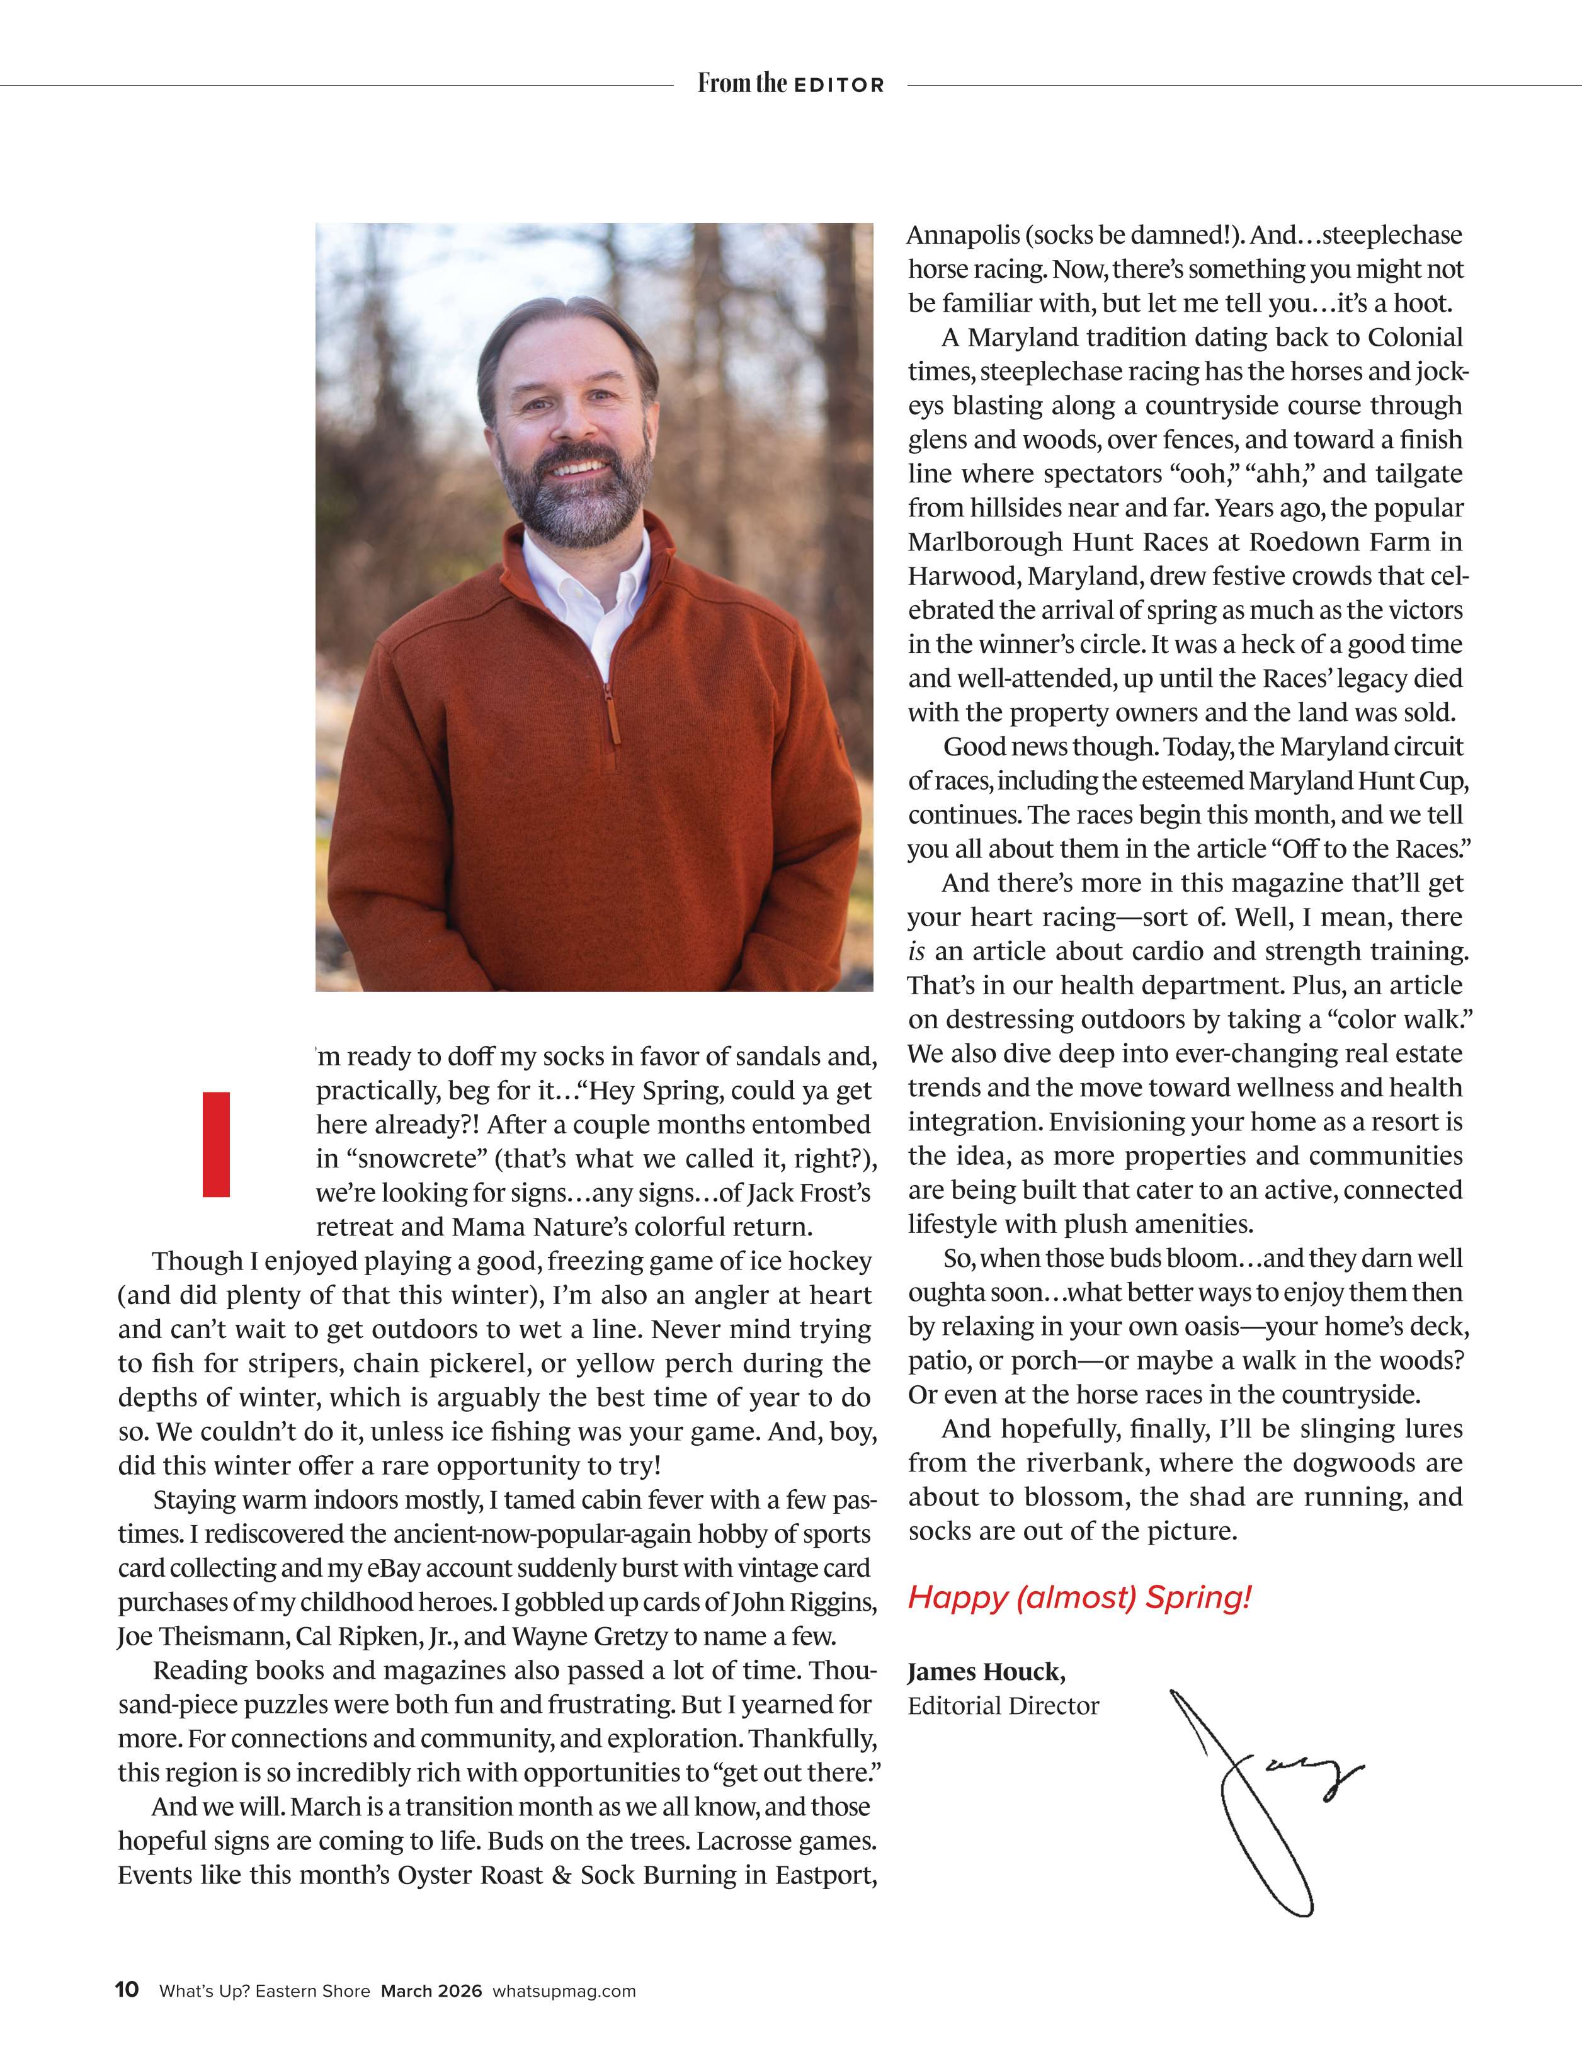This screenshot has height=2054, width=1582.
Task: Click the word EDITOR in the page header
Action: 839,84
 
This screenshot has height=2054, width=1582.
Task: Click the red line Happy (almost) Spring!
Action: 1079,1597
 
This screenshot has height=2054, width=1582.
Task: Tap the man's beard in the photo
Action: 576,499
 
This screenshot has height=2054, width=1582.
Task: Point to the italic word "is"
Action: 917,952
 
